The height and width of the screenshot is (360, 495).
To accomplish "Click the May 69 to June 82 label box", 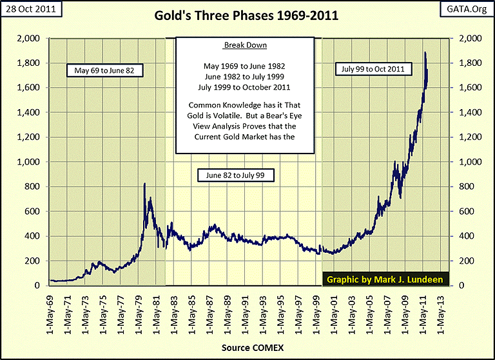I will pos(99,69).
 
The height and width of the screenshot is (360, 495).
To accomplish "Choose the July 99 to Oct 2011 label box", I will pos(374,67).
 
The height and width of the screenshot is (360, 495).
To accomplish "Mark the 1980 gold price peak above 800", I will pos(144,185).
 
